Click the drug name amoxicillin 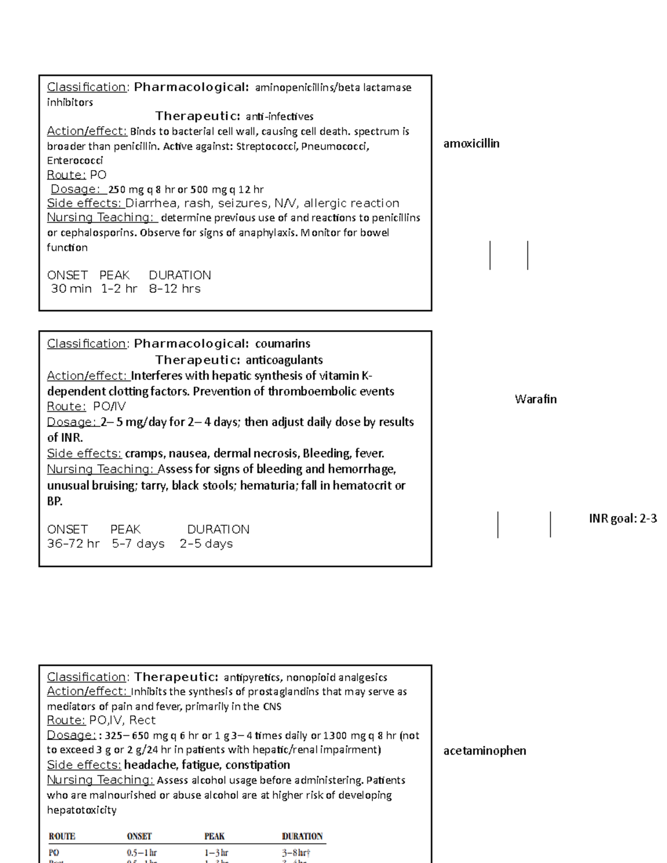(x=471, y=144)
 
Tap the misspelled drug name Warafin (x=535, y=399)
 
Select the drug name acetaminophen (x=485, y=751)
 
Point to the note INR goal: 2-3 (x=623, y=518)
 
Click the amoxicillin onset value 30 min (x=71, y=289)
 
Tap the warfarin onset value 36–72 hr (x=73, y=543)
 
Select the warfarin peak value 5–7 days (x=138, y=543)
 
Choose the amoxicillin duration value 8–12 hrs (x=175, y=289)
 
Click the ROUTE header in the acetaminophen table (x=62, y=836)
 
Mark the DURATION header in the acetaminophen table (x=302, y=836)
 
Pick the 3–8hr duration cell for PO (x=295, y=852)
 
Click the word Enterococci (x=75, y=161)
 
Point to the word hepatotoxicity (x=82, y=810)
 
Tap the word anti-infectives (x=280, y=117)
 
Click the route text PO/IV (x=109, y=406)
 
